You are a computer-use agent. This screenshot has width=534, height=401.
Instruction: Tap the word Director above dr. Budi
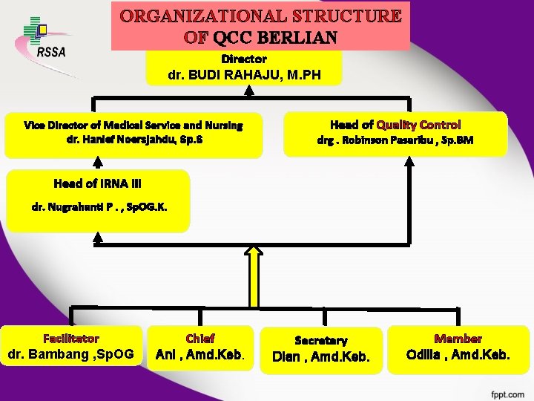(244, 58)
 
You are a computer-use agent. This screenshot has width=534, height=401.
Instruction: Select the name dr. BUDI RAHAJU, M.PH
(245, 74)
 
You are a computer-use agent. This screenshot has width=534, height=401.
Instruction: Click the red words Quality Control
(418, 125)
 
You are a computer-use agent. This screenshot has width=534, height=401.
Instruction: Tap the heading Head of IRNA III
(96, 183)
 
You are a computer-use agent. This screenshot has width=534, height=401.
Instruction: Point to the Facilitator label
(71, 338)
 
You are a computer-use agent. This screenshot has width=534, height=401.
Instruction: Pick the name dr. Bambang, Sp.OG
(70, 354)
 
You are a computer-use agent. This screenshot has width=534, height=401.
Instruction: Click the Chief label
(200, 338)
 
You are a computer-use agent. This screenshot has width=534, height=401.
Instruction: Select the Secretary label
(321, 340)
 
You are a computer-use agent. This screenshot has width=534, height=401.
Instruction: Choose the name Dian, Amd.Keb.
(321, 356)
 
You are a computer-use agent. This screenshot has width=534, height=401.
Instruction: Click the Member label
(458, 338)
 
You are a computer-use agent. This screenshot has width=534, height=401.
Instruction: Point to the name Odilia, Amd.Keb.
(458, 355)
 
